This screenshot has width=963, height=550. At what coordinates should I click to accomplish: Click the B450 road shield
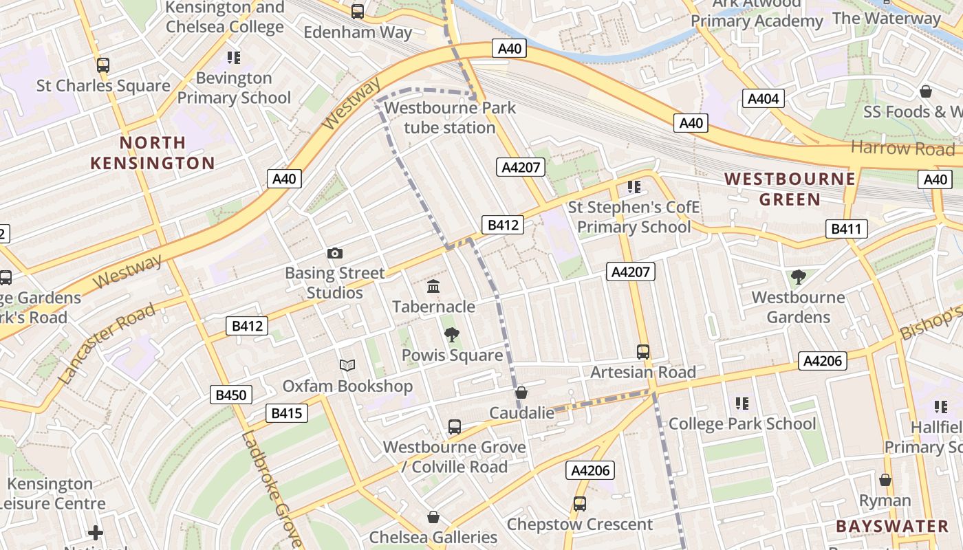pos(231,395)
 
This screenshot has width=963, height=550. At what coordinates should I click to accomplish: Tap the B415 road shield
pos(286,413)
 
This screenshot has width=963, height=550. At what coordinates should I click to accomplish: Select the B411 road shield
pos(846,229)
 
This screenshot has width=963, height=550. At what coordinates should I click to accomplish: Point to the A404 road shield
pos(763,99)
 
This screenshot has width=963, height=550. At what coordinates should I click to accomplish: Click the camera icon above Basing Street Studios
pos(335,253)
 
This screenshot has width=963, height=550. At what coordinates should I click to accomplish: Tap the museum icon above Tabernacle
pos(433,286)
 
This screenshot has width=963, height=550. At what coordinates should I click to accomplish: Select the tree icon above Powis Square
pos(452,335)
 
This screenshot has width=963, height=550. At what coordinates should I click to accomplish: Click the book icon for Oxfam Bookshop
pos(347,366)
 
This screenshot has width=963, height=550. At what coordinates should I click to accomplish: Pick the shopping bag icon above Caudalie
pos(521,393)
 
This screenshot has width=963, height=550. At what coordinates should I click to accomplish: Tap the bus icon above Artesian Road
pos(643,352)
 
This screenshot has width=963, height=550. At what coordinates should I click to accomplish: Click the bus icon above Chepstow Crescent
pos(580,504)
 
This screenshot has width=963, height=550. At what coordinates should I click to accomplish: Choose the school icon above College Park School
pos(742,403)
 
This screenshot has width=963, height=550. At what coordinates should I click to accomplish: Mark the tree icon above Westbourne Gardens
pos(798,277)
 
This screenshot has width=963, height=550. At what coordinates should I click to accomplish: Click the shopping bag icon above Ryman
pos(885,480)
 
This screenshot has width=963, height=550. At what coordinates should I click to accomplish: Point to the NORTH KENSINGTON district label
pos(153,153)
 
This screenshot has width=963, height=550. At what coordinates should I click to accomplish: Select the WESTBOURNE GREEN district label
pos(790,189)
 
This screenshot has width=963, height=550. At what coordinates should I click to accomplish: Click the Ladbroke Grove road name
pos(271,488)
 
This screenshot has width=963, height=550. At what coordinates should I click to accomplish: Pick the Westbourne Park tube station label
pos(450,118)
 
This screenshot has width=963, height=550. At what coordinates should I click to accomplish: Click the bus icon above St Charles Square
pos(103,65)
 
